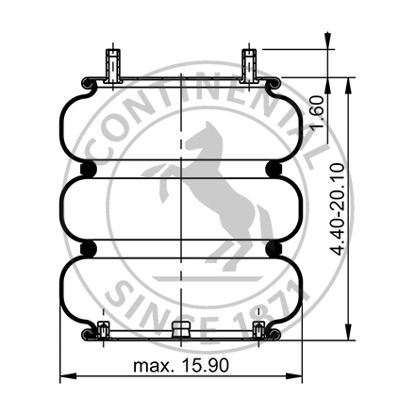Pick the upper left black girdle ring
(x=91, y=169)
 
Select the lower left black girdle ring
(x=91, y=248)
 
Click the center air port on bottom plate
(x=181, y=330)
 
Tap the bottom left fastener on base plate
(x=103, y=330)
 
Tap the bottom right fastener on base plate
(x=258, y=330)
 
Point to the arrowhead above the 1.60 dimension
(x=327, y=41)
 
